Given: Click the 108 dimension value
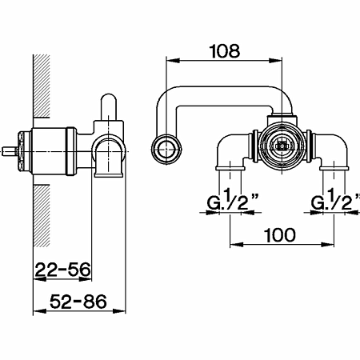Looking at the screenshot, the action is [x=225, y=51].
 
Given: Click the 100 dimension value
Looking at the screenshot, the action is [x=280, y=235].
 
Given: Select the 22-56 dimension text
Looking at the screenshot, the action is [x=63, y=270].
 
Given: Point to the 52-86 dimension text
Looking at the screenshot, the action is [x=78, y=302].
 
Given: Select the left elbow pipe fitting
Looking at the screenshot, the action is [x=231, y=152].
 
